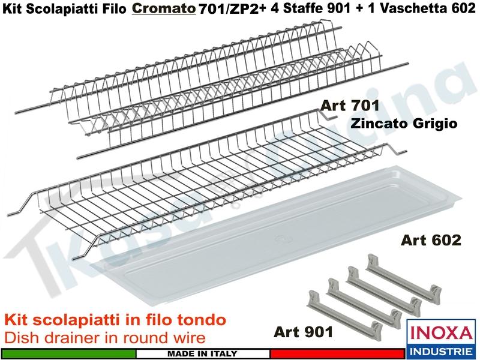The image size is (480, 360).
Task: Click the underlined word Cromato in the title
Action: pos(164,8)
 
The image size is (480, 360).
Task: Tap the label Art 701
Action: pos(350,106)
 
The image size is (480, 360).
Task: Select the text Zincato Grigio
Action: pos(404,124)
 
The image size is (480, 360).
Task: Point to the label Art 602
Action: pos(431,239)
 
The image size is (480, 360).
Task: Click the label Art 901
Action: pos(303,332)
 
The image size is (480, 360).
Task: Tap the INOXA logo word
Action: pos(441,334)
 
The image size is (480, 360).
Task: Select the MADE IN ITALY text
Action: pos(202,354)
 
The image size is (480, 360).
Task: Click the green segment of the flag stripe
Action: pos(68,353)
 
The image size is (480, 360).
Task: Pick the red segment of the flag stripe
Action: pos(337,353)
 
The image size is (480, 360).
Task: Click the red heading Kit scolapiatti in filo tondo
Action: pos(116,320)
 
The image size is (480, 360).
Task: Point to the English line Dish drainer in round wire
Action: pos(105,338)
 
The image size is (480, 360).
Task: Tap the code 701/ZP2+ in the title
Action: pos(233,9)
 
